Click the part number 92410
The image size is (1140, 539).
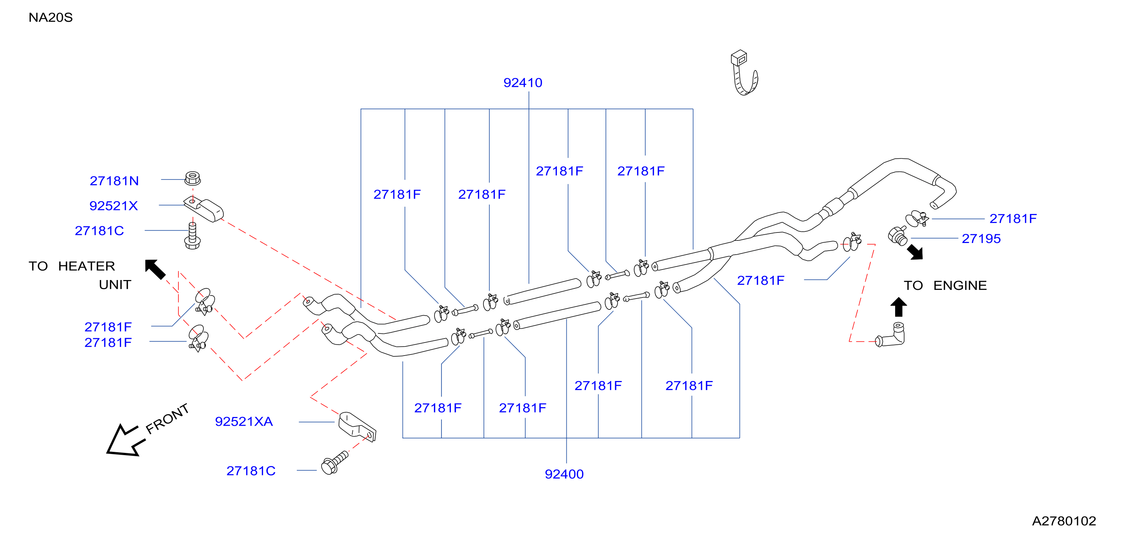tap(523, 83)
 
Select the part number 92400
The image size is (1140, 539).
tap(564, 474)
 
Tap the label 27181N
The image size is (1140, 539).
tap(114, 181)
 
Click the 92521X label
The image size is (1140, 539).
tap(114, 206)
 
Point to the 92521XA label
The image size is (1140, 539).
tap(244, 421)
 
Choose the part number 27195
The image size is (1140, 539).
tap(981, 239)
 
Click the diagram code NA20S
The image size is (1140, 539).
tap(50, 17)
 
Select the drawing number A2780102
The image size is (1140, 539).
tap(1064, 521)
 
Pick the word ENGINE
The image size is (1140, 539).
tap(960, 285)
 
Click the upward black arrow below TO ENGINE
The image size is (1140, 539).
tap(898, 307)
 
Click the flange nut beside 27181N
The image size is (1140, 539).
tap(193, 178)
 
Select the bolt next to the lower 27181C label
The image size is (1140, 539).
tap(335, 463)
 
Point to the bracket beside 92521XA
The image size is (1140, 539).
tap(357, 426)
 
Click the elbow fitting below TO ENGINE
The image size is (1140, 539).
tap(891, 336)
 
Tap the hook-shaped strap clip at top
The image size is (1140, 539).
tap(744, 73)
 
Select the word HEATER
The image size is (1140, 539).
tap(86, 266)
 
